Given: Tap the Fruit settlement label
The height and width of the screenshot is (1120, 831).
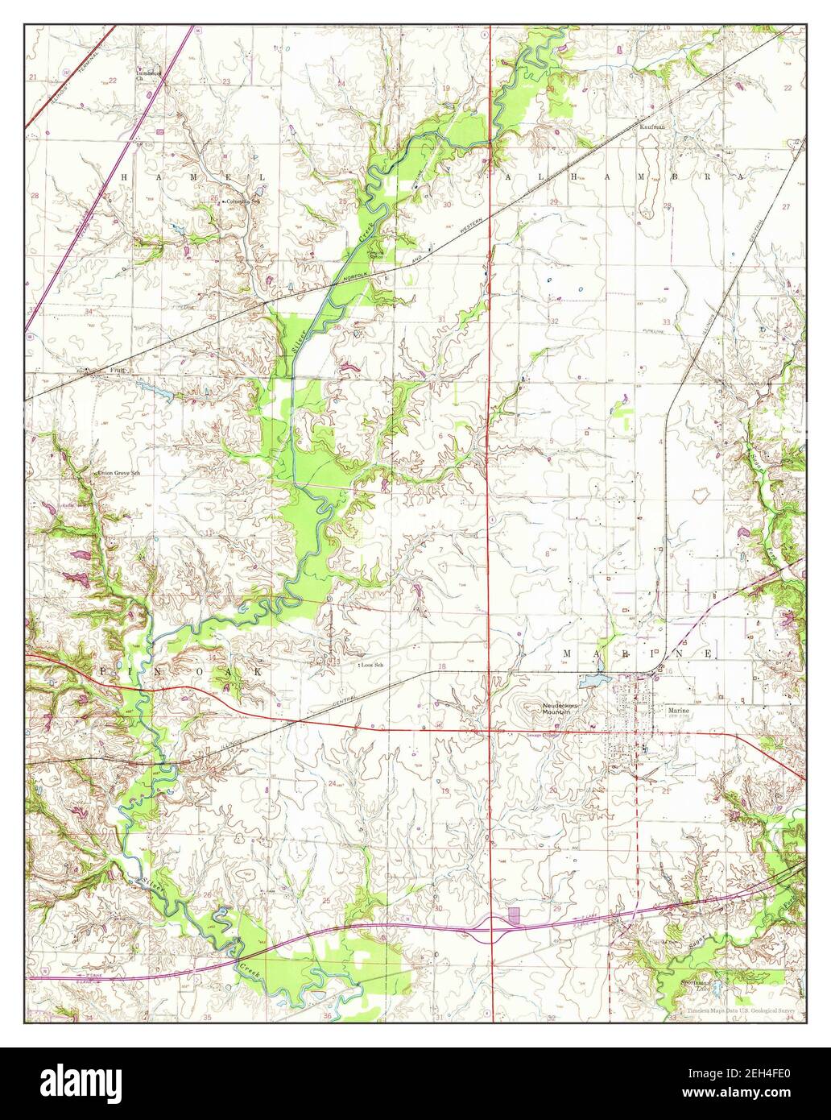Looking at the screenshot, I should pos(118,371).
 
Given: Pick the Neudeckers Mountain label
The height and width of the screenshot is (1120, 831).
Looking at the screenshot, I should pos(560,708).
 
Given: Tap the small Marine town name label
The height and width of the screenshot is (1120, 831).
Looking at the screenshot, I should pos(678,711).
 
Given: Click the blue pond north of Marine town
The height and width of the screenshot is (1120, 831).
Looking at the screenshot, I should pos(594,681).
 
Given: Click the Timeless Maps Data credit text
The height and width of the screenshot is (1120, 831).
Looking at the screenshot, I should pos(741,1010).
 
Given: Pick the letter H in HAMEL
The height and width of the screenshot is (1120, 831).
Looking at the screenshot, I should pos(124,176).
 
